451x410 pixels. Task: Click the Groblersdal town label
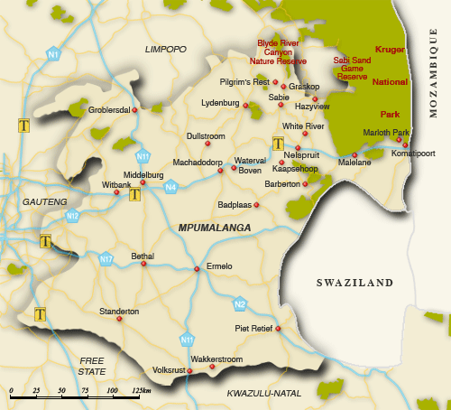109,111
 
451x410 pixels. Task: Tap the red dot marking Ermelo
197,268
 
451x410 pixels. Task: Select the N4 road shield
170,187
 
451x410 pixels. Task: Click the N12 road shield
72,216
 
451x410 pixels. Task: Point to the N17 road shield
106,259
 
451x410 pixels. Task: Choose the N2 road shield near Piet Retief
240,303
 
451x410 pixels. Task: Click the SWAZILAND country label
354,283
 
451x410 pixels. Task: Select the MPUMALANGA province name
215,228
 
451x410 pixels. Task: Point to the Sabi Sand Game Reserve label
352,69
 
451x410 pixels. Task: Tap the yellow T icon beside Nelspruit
279,143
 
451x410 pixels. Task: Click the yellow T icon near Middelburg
134,194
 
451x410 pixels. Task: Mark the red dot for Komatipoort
405,145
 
